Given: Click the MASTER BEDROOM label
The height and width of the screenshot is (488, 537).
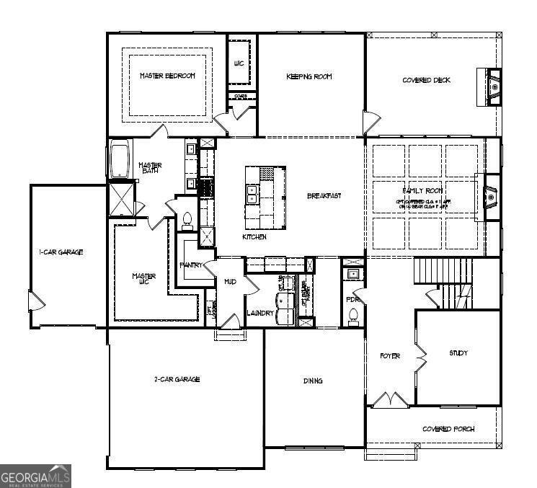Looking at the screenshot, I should [x=167, y=76].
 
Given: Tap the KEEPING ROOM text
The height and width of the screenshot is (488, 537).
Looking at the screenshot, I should [x=309, y=76].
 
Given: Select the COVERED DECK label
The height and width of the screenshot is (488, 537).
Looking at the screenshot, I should [x=426, y=80].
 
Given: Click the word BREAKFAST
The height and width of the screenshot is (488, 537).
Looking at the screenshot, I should [x=324, y=195].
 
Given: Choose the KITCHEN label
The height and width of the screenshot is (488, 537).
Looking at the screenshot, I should [x=254, y=236].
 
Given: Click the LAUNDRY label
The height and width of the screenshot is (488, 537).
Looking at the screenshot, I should [x=259, y=313].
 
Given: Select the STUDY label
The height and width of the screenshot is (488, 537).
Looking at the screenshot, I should [x=458, y=353].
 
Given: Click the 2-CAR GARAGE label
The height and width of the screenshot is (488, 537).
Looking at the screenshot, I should [x=177, y=379].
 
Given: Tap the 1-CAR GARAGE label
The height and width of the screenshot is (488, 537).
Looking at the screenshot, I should [x=61, y=252].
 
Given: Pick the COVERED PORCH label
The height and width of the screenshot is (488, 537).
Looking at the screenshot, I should [x=448, y=429].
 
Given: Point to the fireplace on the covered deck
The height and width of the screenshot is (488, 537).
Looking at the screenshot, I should [x=493, y=87].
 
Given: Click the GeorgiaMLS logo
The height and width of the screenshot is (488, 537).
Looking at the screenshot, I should [x=35, y=476].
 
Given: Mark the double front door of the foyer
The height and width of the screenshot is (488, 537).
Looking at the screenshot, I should [x=390, y=399].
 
